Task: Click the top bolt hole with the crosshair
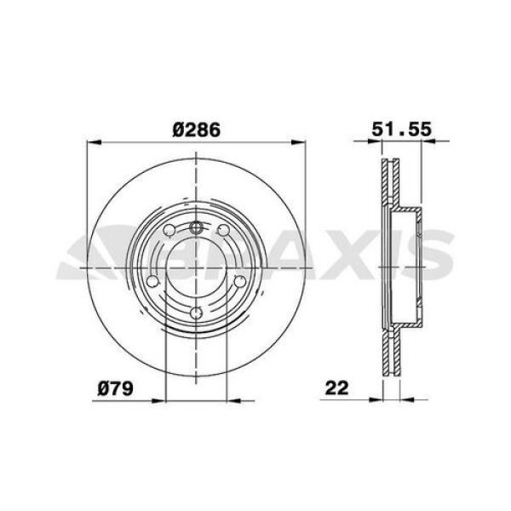(197, 227)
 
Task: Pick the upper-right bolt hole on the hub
(223, 230)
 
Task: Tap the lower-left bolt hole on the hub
(154, 281)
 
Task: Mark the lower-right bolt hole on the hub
(239, 281)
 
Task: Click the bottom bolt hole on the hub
(197, 313)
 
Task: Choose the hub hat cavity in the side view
(407, 268)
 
